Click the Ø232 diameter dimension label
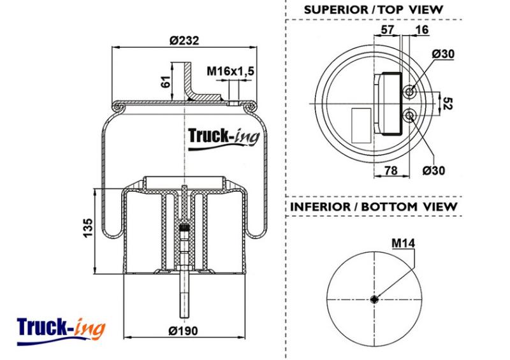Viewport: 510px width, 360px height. [x=184, y=41]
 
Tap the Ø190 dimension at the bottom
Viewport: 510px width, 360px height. [x=183, y=331]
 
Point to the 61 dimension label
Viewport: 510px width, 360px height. [x=166, y=82]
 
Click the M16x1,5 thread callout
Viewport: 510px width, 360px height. [x=230, y=71]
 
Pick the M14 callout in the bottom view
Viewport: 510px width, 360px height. [x=404, y=243]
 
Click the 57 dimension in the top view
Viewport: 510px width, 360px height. [x=387, y=29]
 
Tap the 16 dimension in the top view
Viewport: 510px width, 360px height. [x=422, y=29]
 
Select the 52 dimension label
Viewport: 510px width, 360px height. [x=448, y=103]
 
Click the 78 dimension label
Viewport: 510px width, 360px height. [x=391, y=170]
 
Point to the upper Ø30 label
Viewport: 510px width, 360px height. [x=443, y=54]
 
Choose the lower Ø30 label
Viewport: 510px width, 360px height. [x=433, y=170]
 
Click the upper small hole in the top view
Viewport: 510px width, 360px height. [x=409, y=92]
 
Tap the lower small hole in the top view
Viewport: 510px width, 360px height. [x=409, y=115]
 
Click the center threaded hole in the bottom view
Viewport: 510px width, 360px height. [x=374, y=299]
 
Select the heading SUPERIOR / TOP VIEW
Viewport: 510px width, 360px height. [x=374, y=10]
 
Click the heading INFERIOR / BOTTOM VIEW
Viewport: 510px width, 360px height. [x=374, y=206]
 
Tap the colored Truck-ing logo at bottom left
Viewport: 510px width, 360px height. [x=61, y=331]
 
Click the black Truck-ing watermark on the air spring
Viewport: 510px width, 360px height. [x=224, y=138]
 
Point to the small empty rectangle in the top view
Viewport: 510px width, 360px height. [x=361, y=126]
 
